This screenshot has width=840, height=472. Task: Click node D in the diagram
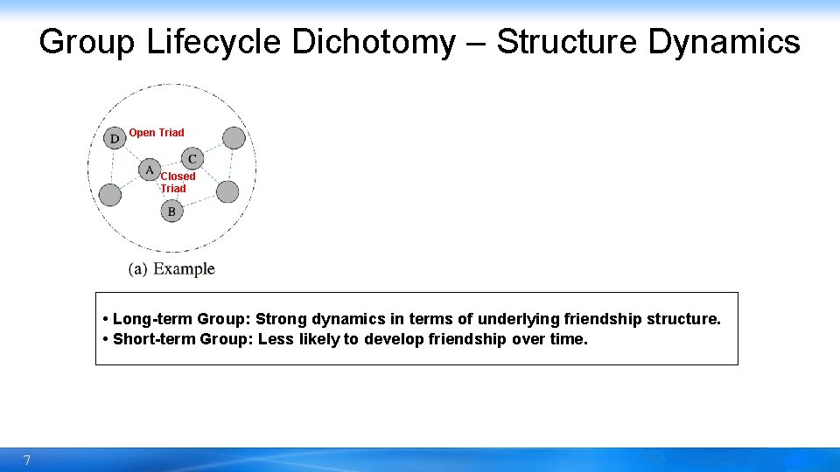point(115,139)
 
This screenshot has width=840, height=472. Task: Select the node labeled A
point(150,170)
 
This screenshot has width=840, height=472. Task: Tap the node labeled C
point(192,158)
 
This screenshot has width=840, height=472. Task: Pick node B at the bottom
point(171,211)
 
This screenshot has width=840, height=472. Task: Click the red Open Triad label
point(157,133)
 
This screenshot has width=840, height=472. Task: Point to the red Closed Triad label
point(178,182)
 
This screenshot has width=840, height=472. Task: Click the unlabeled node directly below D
point(110,194)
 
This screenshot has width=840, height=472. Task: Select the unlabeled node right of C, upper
point(234,137)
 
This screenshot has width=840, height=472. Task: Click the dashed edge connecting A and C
point(171,164)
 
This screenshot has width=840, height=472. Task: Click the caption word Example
point(184,269)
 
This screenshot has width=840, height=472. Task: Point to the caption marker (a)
point(138,269)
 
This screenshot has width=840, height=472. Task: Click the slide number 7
point(27,461)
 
